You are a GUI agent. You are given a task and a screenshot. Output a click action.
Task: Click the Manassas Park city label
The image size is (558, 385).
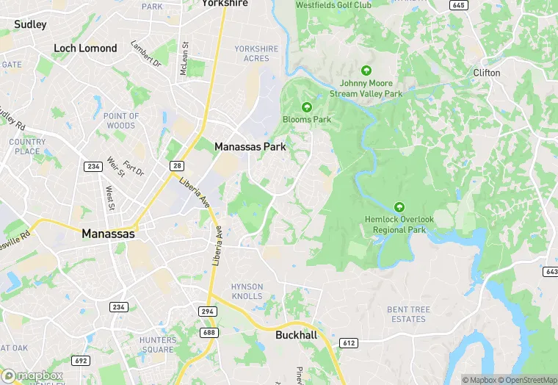(x=250, y=147)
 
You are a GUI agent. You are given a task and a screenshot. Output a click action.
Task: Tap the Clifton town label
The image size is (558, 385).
(x=486, y=73)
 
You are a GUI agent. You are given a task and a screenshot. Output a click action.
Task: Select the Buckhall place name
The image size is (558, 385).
(x=296, y=335)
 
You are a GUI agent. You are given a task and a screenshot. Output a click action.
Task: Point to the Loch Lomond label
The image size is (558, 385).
(x=85, y=48)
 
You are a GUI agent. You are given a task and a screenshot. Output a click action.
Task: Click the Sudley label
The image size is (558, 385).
(x=30, y=24)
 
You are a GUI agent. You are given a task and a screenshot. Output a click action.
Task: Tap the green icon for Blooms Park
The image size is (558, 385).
(x=307, y=107)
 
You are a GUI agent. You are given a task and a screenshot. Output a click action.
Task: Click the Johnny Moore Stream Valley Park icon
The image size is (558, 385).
(x=366, y=71)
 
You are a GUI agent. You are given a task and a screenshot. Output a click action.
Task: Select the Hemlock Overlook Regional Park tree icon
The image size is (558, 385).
(x=399, y=207)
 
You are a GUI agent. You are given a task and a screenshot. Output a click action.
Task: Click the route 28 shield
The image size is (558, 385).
(x=176, y=166)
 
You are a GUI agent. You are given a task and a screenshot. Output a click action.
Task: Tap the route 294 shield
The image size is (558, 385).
(x=208, y=312)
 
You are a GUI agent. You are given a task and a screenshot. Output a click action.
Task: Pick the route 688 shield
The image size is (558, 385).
(x=209, y=333)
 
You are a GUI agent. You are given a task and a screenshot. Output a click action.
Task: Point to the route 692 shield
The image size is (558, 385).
(x=81, y=360)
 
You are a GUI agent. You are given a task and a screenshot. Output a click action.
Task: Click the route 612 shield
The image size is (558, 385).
(x=348, y=343)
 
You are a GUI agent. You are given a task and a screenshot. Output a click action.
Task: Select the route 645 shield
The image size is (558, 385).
(x=459, y=5)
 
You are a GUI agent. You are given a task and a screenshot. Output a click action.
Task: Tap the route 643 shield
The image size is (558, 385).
(x=551, y=272)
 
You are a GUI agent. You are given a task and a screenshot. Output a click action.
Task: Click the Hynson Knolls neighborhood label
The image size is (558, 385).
(x=247, y=291)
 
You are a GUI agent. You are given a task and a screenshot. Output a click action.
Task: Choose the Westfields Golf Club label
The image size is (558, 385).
(x=333, y=5)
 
